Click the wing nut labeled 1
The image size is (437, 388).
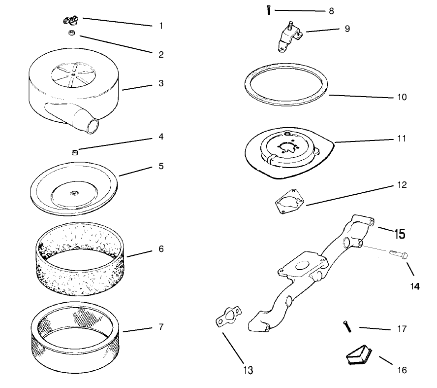[x=70, y=20]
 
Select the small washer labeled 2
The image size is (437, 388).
[x=72, y=33]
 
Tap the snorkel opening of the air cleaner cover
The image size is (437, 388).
[x=93, y=125]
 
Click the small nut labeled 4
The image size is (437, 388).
[x=75, y=152]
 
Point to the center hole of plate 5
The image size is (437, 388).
[x=74, y=193]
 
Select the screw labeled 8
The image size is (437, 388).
[x=268, y=10]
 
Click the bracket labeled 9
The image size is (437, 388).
[x=289, y=37]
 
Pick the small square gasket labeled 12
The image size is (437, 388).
[x=289, y=202]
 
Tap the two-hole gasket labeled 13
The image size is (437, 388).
[x=228, y=317]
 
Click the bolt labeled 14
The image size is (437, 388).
[x=398, y=254]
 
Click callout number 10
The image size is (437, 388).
[x=402, y=97]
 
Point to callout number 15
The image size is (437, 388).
[x=400, y=234]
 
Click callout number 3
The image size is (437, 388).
[x=161, y=83]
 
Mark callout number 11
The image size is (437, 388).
[x=402, y=139]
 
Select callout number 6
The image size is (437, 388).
[x=161, y=248]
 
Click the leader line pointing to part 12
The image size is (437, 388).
[x=348, y=196]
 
